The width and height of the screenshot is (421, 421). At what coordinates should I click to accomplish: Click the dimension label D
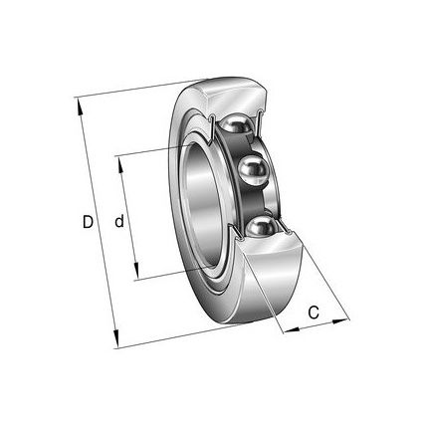coord(88,222)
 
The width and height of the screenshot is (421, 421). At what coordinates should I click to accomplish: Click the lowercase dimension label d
coord(119,221)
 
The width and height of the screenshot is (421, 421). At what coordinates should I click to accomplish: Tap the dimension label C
coord(314,313)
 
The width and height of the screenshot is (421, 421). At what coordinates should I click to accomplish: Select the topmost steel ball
coord(236,123)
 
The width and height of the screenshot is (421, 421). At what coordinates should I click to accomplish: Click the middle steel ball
coord(253,170)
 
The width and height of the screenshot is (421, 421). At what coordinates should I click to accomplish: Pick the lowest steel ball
coord(262,227)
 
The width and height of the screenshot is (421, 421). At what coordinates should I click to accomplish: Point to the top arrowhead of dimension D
coord(80,106)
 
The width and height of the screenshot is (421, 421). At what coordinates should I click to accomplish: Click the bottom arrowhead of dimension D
coord(115,338)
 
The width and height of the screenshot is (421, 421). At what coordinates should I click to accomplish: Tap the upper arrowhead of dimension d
coord(120,165)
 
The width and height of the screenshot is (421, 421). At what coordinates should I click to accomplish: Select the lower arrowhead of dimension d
coord(135,271)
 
